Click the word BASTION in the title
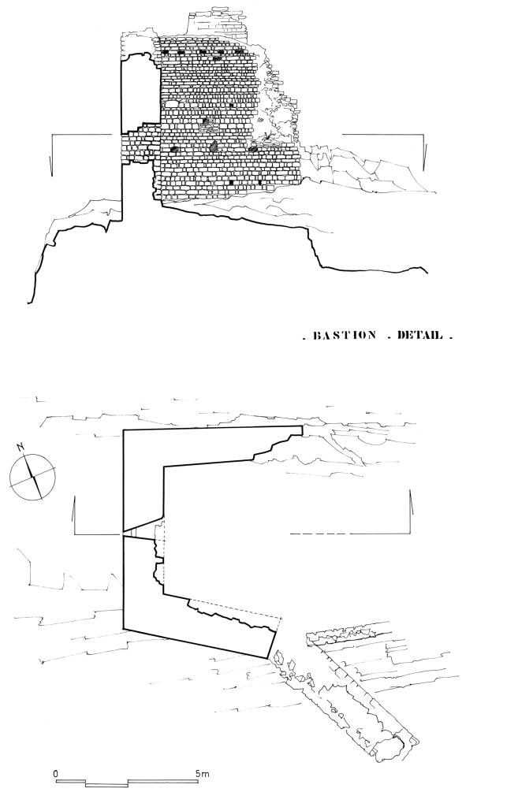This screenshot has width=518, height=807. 344,336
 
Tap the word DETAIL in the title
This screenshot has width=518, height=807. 419,336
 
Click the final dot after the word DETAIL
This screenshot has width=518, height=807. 451,338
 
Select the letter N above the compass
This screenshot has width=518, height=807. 21,448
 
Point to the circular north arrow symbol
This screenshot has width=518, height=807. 32,476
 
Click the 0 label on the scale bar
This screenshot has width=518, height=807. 56,772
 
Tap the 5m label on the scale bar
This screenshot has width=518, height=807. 201,773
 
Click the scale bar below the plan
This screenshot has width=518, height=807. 127,783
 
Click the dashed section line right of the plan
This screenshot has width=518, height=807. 317,534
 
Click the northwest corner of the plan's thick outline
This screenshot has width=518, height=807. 123,430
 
